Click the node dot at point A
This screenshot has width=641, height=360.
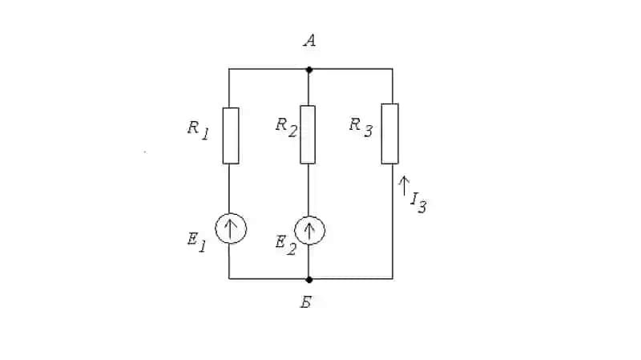click(309, 70)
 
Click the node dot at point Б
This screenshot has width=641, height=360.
click(309, 280)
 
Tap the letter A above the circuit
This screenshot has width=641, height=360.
click(310, 41)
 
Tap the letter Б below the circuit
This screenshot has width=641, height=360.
click(306, 302)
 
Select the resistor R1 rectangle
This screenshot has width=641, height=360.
click(231, 136)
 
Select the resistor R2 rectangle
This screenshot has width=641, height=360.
click(308, 135)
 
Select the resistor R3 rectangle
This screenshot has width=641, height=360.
click(390, 134)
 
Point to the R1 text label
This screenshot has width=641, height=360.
click(198, 130)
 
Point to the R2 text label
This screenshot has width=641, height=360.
click(286, 127)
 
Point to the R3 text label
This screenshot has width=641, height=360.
click(361, 127)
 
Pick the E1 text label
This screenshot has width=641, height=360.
click(196, 242)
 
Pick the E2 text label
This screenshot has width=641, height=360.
click(285, 245)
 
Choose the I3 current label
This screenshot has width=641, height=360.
click(418, 203)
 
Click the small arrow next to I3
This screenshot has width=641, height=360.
click(404, 186)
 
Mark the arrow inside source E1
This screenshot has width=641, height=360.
click(230, 229)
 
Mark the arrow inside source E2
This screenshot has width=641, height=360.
click(309, 230)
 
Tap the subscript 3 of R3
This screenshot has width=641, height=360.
click(369, 131)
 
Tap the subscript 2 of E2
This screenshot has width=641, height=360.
click(291, 249)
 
